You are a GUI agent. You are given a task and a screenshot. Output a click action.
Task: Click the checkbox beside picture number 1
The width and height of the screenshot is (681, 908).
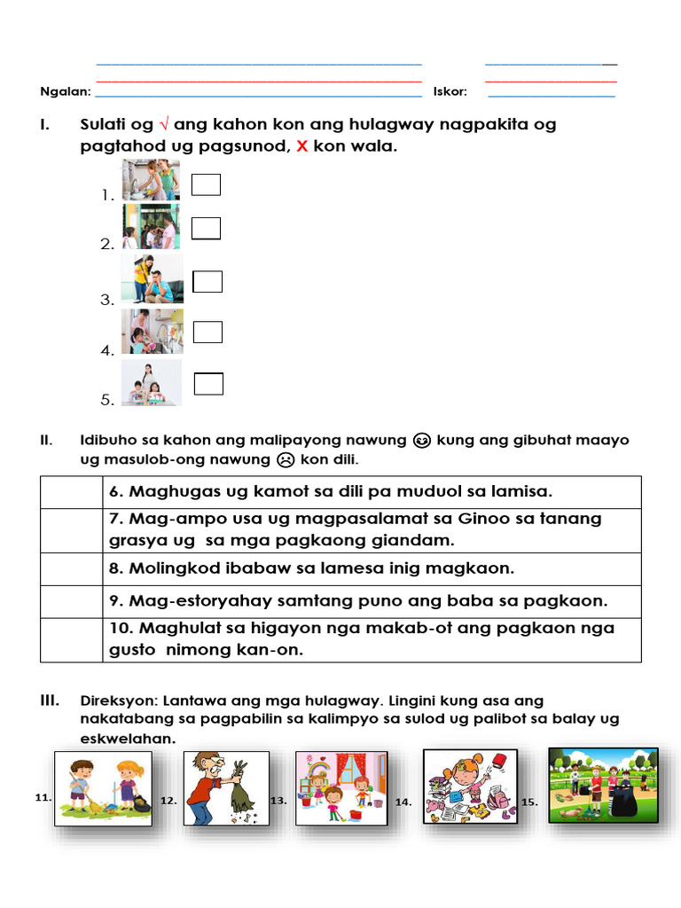click(207, 184)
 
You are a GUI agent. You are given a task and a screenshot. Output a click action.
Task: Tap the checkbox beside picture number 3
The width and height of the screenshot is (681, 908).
click(207, 281)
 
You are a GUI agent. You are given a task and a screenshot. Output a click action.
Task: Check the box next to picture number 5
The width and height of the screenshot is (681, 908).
click(208, 384)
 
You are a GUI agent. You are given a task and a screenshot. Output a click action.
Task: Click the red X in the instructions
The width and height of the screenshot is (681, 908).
click(301, 147)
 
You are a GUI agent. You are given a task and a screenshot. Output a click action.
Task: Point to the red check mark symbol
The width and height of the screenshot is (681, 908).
click(163, 125)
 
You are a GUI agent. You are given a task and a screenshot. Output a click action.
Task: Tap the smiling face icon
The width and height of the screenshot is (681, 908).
click(422, 441)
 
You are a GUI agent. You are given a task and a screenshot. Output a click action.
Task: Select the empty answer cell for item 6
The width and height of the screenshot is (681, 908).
click(71, 491)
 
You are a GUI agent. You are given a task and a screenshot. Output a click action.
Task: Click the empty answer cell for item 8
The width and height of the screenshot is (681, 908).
click(71, 568)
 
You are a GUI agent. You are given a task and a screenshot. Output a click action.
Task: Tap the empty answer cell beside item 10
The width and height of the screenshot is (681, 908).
click(71, 638)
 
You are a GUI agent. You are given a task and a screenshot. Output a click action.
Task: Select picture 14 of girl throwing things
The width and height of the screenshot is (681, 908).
click(470, 786)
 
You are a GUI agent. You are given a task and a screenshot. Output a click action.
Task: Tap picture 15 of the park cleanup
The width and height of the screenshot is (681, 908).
click(603, 784)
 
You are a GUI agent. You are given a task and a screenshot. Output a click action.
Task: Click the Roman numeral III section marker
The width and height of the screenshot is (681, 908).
click(50, 701)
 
